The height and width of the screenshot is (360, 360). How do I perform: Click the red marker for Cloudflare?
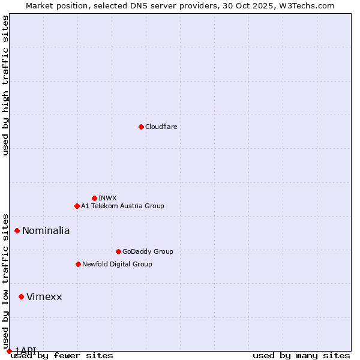pyautogui.click(x=141, y=127)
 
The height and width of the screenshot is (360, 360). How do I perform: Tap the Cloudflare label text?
pyautogui.click(x=161, y=127)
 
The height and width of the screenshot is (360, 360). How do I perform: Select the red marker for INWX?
pyautogui.click(x=94, y=198)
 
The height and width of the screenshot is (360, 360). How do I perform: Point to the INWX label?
pyautogui.click(x=107, y=198)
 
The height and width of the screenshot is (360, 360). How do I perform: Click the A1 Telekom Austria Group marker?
pyautogui.click(x=77, y=206)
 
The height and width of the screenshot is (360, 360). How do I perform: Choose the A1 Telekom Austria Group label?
pyautogui.click(x=122, y=206)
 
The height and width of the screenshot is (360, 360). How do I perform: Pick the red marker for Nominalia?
pyautogui.click(x=17, y=230)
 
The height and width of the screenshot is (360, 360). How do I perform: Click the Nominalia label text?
pyautogui.click(x=46, y=230)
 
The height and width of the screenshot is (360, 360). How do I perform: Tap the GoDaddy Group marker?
pyautogui.click(x=118, y=251)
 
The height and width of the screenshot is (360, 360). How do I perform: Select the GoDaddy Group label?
pyautogui.click(x=147, y=251)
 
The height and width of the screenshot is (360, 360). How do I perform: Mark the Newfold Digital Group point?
pyautogui.click(x=78, y=264)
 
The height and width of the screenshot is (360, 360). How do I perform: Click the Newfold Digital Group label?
pyautogui.click(x=117, y=264)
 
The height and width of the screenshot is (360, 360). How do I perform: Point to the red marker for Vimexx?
pyautogui.click(x=21, y=296)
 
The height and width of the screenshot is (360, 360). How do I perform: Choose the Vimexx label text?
pyautogui.click(x=44, y=296)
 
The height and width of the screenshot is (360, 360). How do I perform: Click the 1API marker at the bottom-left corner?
pyautogui.click(x=9, y=351)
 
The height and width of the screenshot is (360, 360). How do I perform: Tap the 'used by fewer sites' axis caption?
pyautogui.click(x=62, y=356)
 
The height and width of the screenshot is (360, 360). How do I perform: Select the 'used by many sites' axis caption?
pyautogui.click(x=301, y=356)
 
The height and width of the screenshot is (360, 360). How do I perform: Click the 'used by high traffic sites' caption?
pyautogui.click(x=5, y=85)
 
